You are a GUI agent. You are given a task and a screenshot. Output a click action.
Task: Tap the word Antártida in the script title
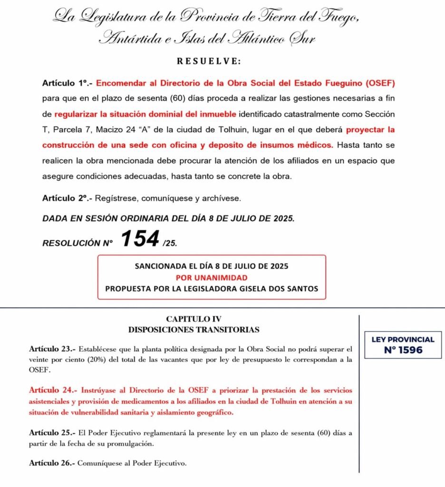(x=127, y=39)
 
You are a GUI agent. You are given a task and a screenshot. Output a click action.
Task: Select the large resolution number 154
(x=139, y=239)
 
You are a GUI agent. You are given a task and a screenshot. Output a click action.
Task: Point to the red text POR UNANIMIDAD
(x=212, y=277)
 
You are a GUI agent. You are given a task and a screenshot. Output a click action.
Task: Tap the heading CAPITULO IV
(x=193, y=319)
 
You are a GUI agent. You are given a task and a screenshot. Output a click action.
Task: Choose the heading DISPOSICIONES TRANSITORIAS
(x=193, y=329)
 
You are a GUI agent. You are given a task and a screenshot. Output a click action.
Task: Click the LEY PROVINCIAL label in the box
(x=402, y=340)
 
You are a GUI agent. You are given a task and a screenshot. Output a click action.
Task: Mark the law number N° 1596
(x=402, y=351)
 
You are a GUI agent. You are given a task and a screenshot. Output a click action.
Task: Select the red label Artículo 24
(x=54, y=390)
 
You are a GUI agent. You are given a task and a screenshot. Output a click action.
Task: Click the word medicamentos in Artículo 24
(x=118, y=401)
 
